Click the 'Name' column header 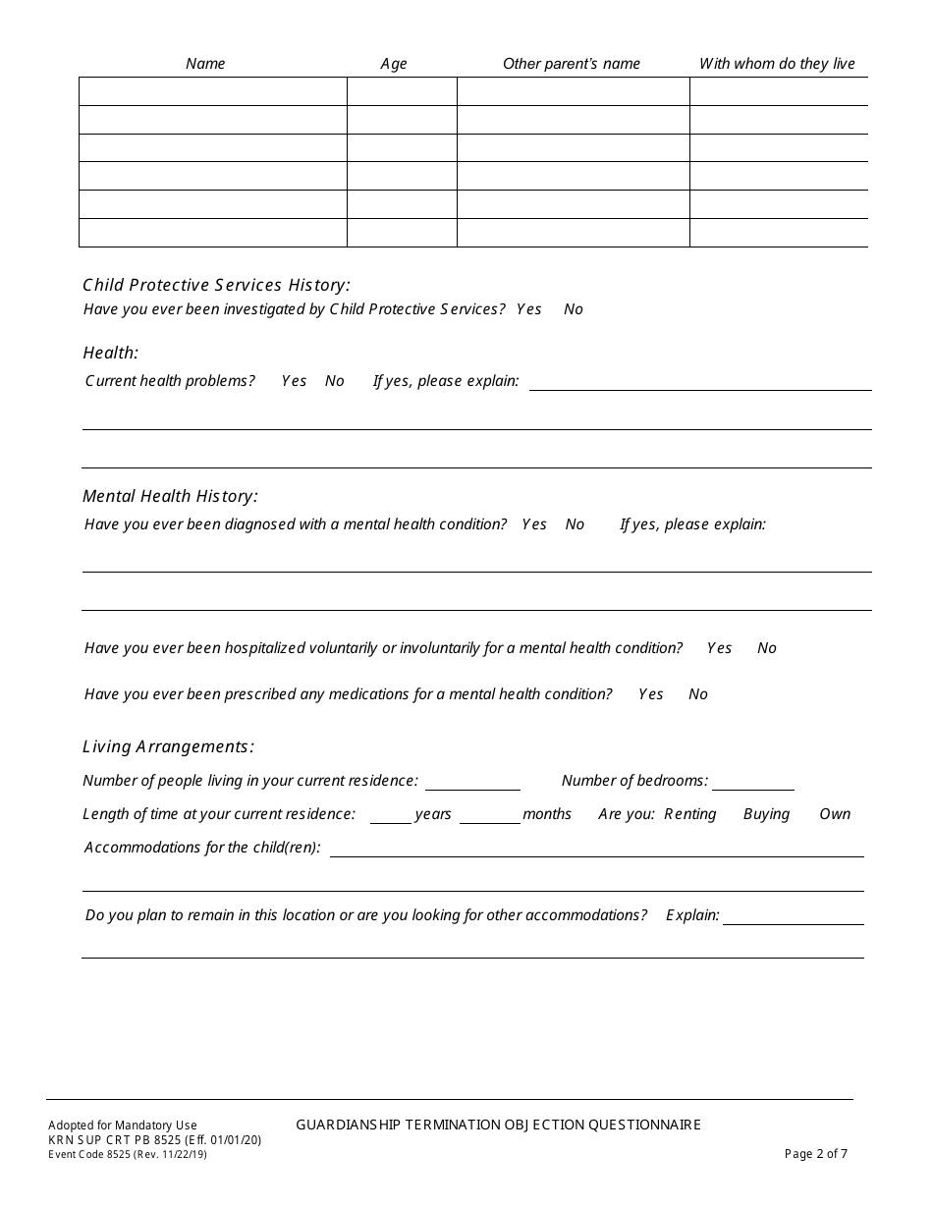tap(205, 64)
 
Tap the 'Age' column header tap(394, 64)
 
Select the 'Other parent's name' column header tap(572, 64)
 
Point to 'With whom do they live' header tap(777, 64)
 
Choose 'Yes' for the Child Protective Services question tap(528, 309)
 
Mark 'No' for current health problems tap(335, 381)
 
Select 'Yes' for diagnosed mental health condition tap(534, 524)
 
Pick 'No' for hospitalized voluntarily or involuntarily tap(767, 648)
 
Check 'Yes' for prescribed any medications tap(650, 694)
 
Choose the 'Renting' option tap(690, 814)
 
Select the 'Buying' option tap(766, 814)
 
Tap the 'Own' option tap(835, 814)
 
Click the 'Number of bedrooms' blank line tap(753, 783)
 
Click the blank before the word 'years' tap(391, 816)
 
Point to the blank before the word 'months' tap(490, 816)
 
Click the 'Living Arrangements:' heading tap(168, 746)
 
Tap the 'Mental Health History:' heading tap(170, 497)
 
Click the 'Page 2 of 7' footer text tap(816, 1154)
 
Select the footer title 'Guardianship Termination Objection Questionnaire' tap(498, 1125)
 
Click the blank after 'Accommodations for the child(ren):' tap(596, 850)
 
